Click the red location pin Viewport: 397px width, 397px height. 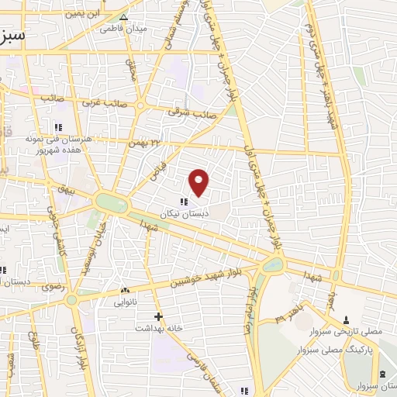(x=199, y=181)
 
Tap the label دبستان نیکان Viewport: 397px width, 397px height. (x=179, y=212)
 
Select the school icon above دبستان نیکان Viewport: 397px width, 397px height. (x=183, y=202)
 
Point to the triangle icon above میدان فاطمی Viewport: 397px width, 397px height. (x=123, y=16)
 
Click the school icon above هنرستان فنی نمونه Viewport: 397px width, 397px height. (x=57, y=126)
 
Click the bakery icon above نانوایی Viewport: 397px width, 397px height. (x=124, y=291)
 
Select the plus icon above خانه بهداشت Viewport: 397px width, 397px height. (x=158, y=316)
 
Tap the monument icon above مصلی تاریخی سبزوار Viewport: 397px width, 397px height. (x=346, y=319)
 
